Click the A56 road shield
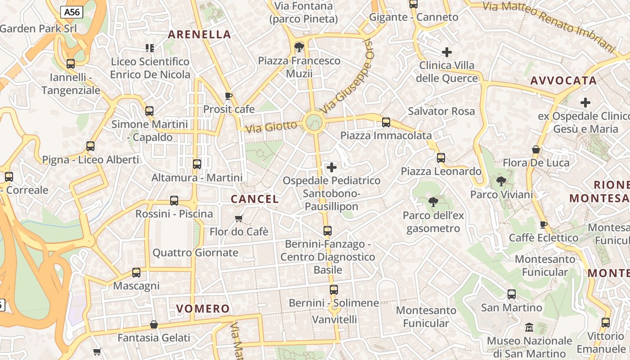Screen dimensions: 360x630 [x=72, y=12]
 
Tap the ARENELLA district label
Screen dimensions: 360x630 [x=199, y=35]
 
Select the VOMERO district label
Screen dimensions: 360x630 [x=203, y=309]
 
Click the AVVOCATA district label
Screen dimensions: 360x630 [x=563, y=81]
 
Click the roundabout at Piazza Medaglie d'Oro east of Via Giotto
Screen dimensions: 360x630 [x=313, y=122]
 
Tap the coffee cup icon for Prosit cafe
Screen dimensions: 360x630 [x=229, y=96]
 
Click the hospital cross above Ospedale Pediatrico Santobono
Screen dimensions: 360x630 [x=332, y=168]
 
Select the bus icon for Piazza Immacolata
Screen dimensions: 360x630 [x=386, y=122]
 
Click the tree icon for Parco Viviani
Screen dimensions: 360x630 [x=501, y=181]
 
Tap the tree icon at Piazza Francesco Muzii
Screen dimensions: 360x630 [x=299, y=47]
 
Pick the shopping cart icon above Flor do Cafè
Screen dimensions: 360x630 [x=238, y=219]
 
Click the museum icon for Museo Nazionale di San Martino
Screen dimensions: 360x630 [x=529, y=328]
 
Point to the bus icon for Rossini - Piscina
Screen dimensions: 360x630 [x=174, y=201]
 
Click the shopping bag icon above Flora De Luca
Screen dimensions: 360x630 [x=536, y=149]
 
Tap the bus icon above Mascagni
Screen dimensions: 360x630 [x=136, y=273]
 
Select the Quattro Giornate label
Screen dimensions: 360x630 [x=195, y=253]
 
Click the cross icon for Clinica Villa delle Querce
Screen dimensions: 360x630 [x=446, y=52]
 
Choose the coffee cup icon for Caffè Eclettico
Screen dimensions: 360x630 [x=544, y=225]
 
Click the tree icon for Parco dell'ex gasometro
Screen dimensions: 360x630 [x=433, y=202]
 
